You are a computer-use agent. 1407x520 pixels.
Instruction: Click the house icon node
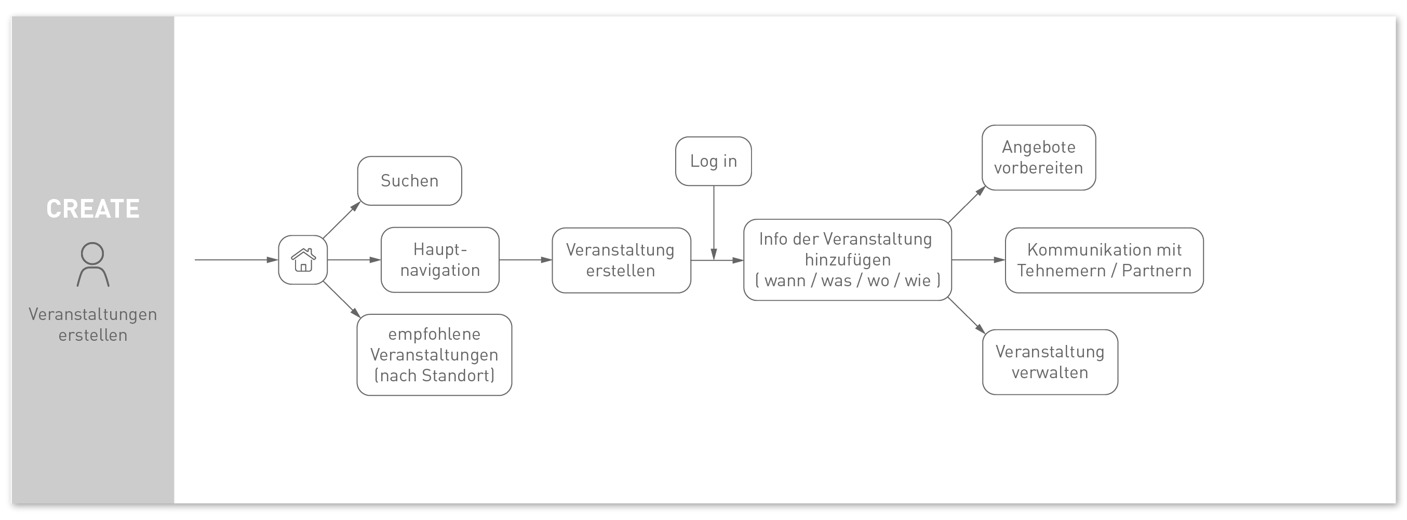click(x=303, y=260)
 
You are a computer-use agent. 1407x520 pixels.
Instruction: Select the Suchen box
click(x=410, y=181)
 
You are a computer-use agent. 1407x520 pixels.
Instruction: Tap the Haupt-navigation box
click(x=440, y=260)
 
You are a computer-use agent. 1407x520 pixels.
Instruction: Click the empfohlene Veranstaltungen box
click(x=434, y=355)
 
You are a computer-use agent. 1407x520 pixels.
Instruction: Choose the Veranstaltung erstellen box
click(x=622, y=261)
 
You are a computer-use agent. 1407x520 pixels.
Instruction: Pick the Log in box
click(x=713, y=161)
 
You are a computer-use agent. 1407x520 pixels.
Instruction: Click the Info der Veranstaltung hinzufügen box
click(x=848, y=260)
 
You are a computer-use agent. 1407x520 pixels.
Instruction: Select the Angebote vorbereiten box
click(x=1039, y=158)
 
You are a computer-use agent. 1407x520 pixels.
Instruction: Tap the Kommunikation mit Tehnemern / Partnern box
click(x=1104, y=261)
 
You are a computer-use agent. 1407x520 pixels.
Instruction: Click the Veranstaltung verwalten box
click(x=1050, y=362)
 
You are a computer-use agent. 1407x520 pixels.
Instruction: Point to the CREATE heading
click(x=93, y=209)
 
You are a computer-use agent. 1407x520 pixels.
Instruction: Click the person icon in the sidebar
click(x=93, y=265)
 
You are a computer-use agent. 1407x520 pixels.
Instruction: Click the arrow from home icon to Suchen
click(x=342, y=220)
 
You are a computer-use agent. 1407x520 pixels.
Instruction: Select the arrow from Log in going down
click(x=714, y=223)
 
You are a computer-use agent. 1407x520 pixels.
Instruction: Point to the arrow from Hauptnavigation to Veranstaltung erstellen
click(x=526, y=260)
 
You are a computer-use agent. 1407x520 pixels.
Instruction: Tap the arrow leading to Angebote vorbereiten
click(x=967, y=205)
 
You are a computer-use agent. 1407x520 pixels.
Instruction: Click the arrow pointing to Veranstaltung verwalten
click(x=967, y=316)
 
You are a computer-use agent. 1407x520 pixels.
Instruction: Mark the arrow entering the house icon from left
click(x=236, y=260)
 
